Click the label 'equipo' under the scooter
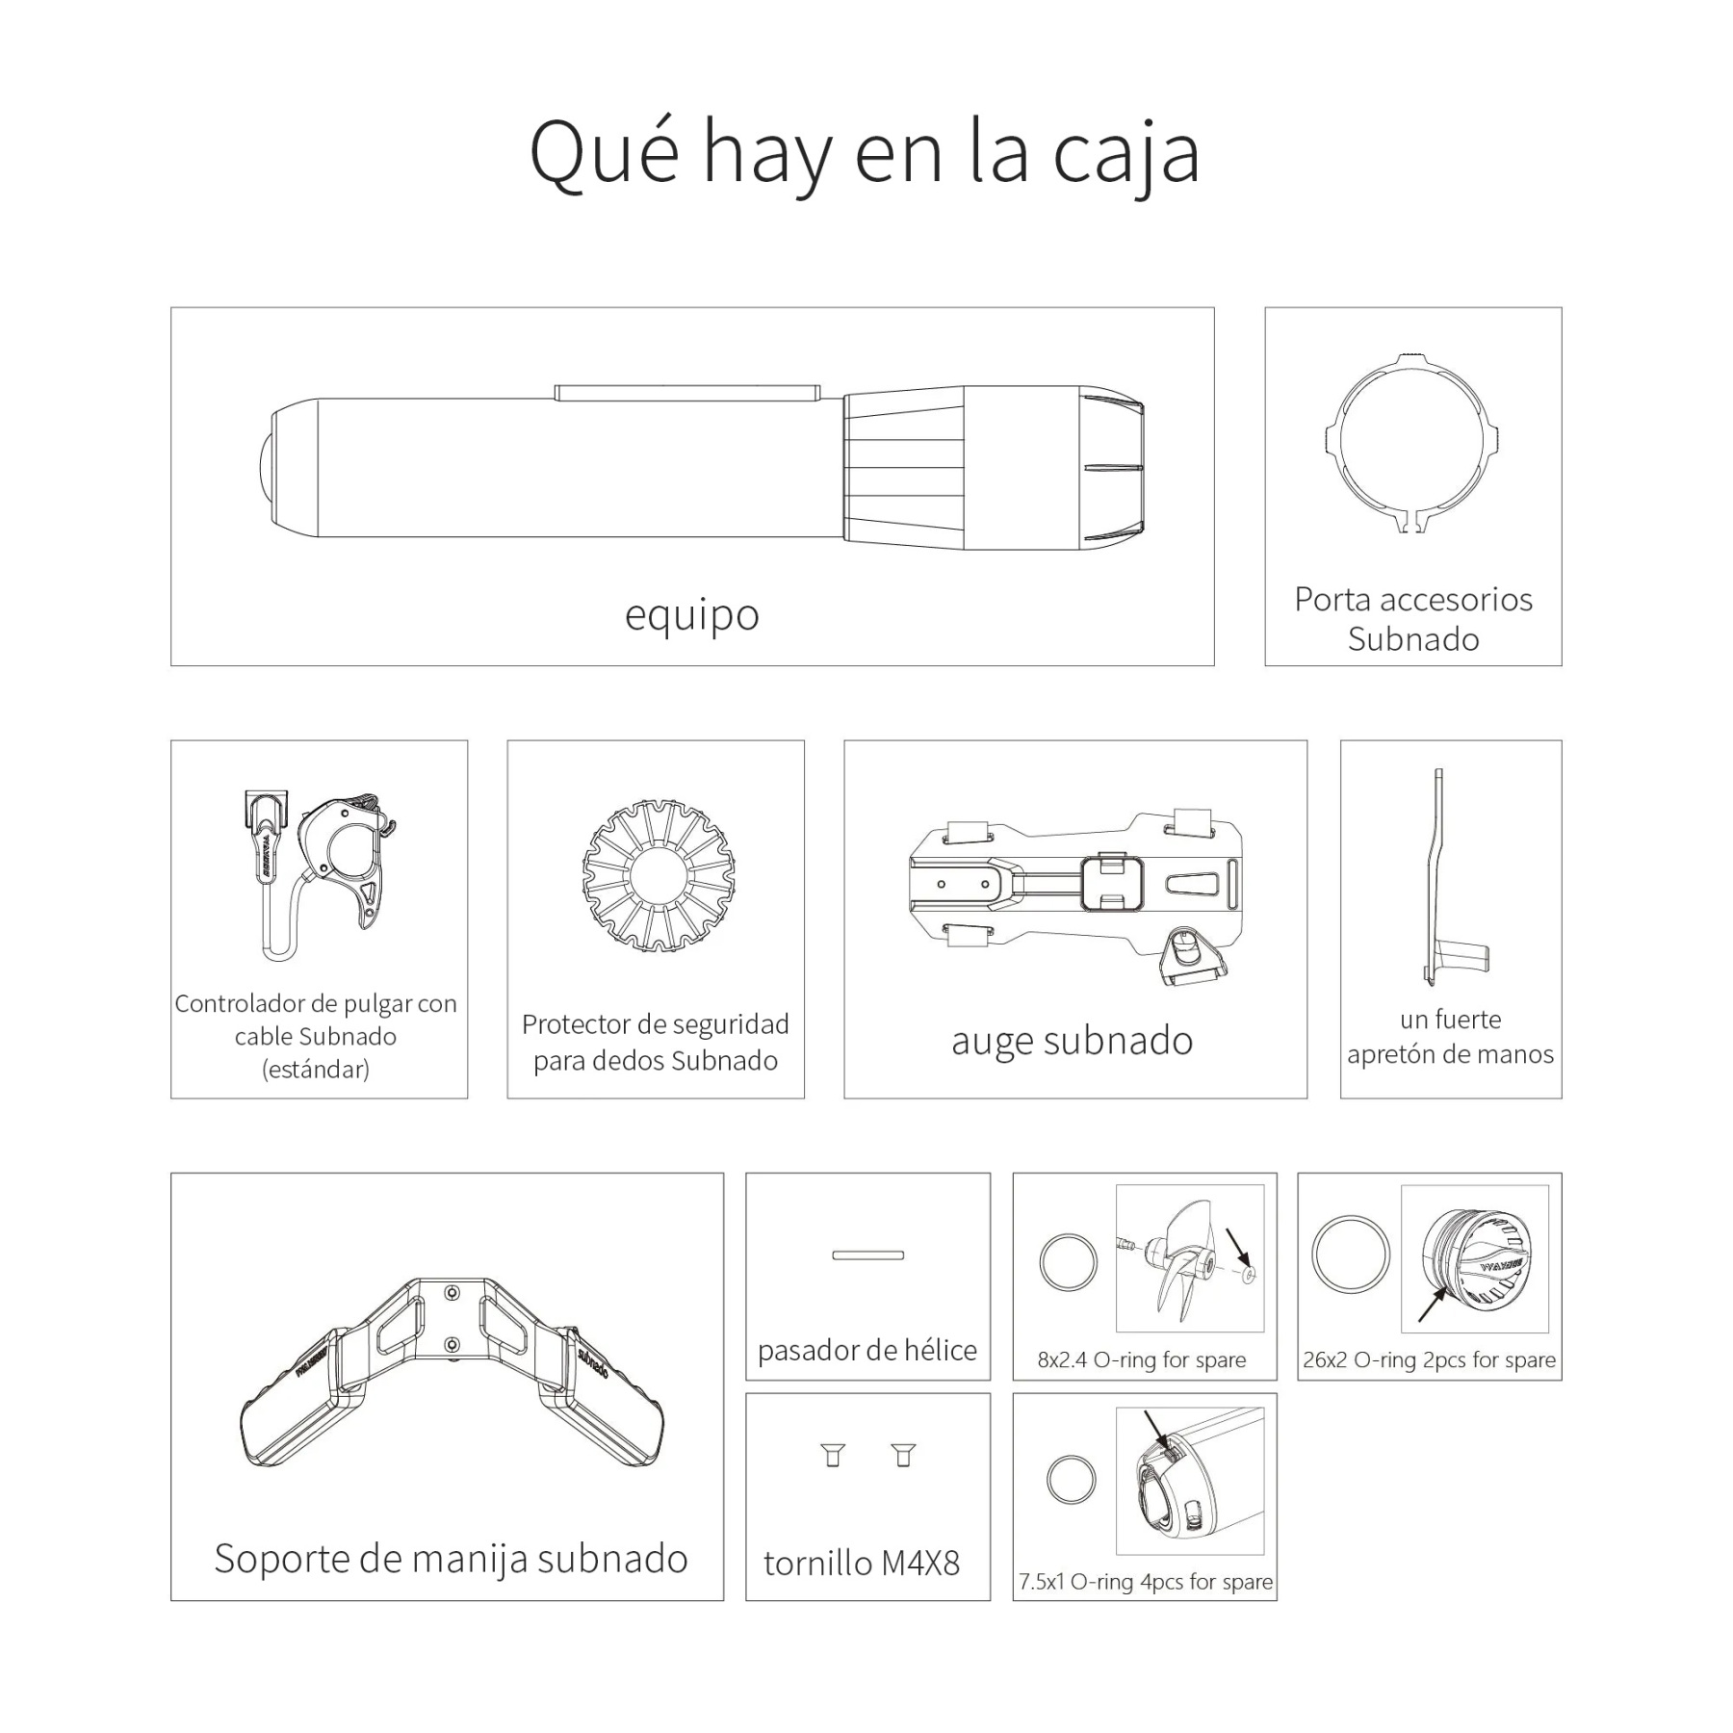click(691, 614)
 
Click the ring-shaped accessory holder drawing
click(1411, 442)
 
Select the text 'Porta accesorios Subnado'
click(1412, 619)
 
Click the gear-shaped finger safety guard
click(659, 875)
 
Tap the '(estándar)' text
click(316, 1070)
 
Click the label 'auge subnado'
click(1072, 1041)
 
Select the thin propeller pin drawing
click(867, 1254)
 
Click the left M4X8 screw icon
click(834, 1455)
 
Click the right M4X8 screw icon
click(902, 1455)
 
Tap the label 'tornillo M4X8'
click(862, 1563)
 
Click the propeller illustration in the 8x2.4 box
click(1184, 1259)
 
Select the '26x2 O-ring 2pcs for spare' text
click(1429, 1360)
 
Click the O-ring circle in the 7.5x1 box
click(1071, 1478)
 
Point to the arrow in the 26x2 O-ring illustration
click(1432, 1305)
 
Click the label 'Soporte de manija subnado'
click(451, 1559)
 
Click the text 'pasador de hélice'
click(866, 1351)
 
